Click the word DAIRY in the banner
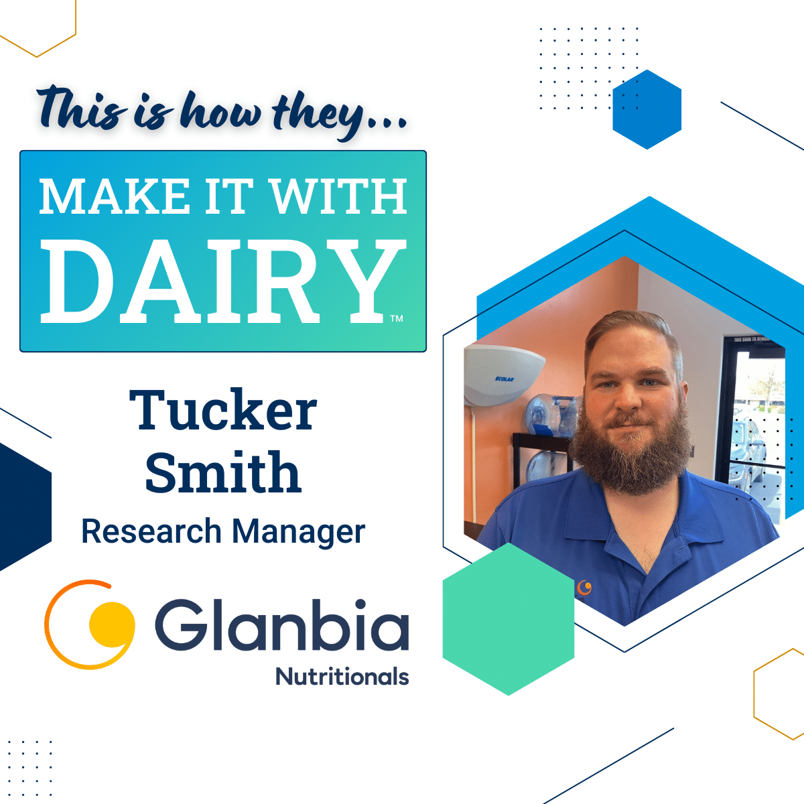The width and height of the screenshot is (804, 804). (x=224, y=281)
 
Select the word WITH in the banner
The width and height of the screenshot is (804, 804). (x=339, y=196)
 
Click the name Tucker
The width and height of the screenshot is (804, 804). (x=223, y=409)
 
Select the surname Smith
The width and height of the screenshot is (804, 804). (x=223, y=472)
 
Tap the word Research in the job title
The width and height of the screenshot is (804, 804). (x=151, y=531)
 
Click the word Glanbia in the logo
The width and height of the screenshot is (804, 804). (x=282, y=624)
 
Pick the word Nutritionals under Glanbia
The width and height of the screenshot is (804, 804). (x=342, y=676)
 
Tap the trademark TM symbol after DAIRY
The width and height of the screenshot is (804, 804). (x=397, y=319)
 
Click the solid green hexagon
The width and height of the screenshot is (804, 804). (x=508, y=619)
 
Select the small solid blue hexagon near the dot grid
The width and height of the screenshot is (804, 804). (x=647, y=109)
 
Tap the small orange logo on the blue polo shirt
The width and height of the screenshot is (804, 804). (x=584, y=588)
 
